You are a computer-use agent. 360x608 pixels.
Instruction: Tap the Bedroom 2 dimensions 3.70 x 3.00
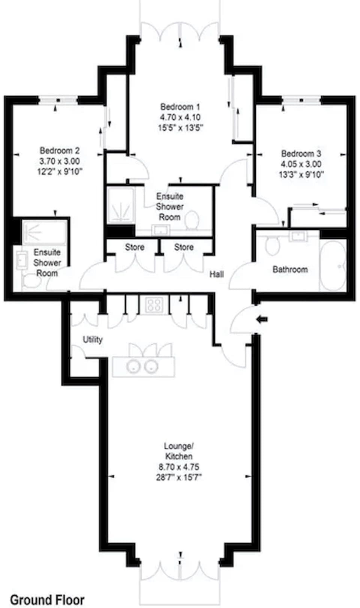tap(60, 161)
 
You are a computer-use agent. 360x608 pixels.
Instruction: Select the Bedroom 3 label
tap(301, 154)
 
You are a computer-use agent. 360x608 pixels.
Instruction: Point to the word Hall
tap(216, 274)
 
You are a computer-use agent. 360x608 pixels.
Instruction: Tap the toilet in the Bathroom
tap(272, 245)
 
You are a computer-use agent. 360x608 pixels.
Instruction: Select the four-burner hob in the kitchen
tap(154, 304)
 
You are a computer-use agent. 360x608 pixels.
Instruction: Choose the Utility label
tap(93, 340)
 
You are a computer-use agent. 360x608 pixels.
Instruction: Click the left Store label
tap(134, 247)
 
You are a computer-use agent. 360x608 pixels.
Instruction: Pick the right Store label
tap(184, 247)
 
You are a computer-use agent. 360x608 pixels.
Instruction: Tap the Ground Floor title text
tap(47, 599)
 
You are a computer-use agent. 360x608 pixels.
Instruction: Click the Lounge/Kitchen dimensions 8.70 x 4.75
tap(178, 467)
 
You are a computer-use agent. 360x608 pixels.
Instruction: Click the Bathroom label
tap(290, 269)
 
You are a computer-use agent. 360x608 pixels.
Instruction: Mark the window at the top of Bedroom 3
tap(301, 100)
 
